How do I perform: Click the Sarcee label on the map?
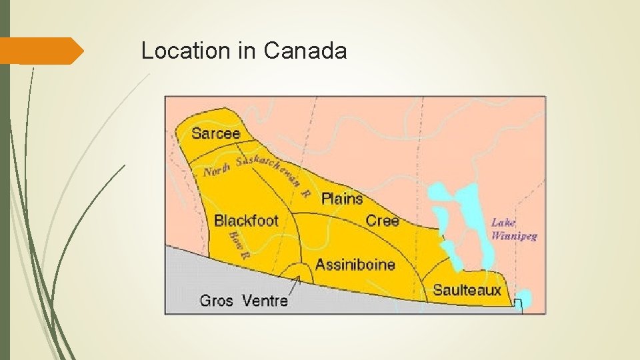point(215,133)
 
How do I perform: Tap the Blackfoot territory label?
point(246,220)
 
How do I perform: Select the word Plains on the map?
point(342,198)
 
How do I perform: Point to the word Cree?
point(383,220)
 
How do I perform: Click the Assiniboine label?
point(355,264)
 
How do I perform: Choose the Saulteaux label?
point(467,289)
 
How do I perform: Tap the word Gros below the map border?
point(217,301)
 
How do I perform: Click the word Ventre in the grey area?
point(265,301)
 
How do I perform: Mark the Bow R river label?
point(239,245)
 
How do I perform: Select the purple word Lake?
point(503,223)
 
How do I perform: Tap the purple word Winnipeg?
point(514,235)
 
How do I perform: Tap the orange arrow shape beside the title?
point(41,51)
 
